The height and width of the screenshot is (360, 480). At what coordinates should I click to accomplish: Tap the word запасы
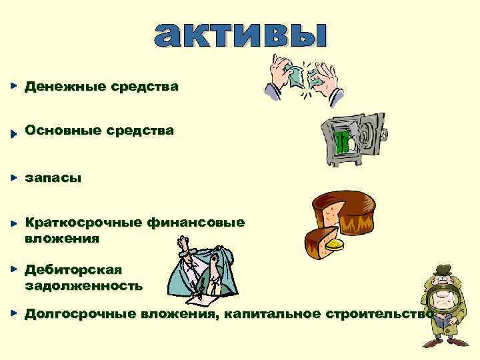click(x=53, y=179)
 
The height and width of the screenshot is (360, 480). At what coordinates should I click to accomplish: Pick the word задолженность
click(x=83, y=286)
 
